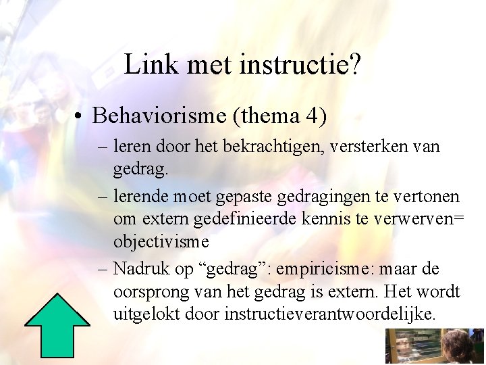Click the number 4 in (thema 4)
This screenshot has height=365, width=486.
(x=314, y=116)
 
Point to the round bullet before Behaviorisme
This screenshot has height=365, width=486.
(x=80, y=116)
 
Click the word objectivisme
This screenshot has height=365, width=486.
(x=161, y=242)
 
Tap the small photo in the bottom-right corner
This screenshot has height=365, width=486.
(x=435, y=346)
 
